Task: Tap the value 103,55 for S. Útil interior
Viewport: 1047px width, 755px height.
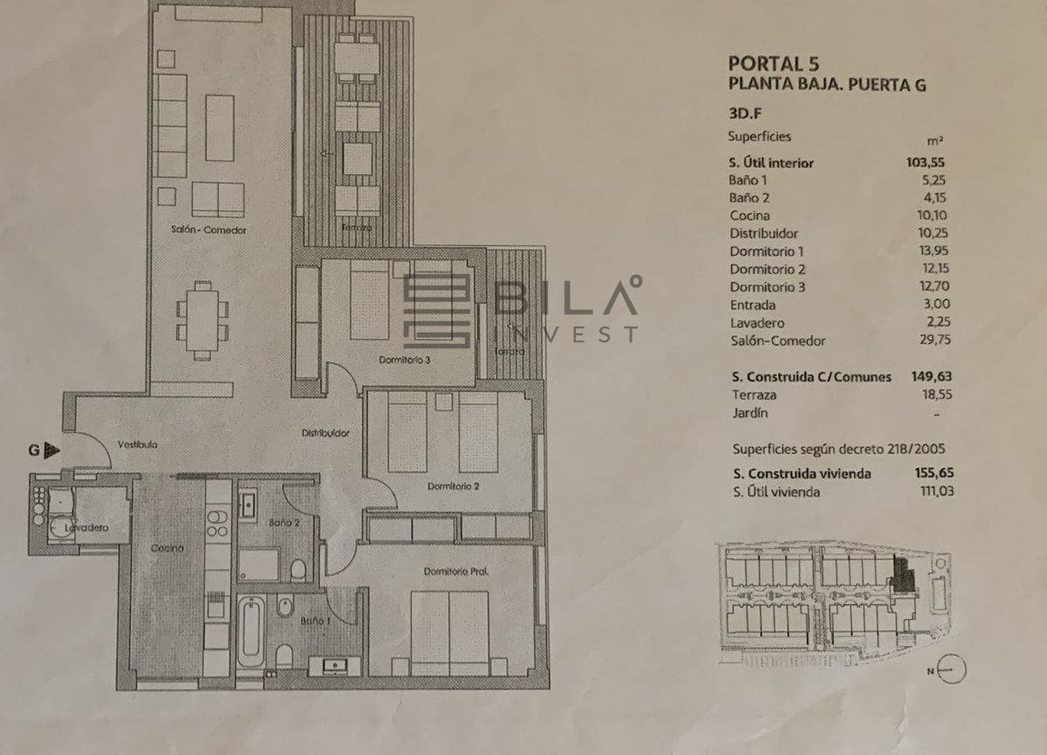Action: coord(926,161)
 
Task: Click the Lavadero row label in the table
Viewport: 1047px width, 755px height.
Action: coord(753,323)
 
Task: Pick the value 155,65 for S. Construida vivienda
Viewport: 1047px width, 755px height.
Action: coord(926,474)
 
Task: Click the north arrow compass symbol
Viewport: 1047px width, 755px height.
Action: coord(954,669)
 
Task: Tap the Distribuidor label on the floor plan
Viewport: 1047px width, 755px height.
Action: coord(325,433)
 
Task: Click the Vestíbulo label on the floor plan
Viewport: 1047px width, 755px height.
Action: coord(138,444)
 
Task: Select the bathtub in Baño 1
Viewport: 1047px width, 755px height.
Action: coord(251,631)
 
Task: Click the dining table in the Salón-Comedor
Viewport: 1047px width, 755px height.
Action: coord(202,319)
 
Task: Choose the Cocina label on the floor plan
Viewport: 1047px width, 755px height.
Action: coord(166,548)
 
